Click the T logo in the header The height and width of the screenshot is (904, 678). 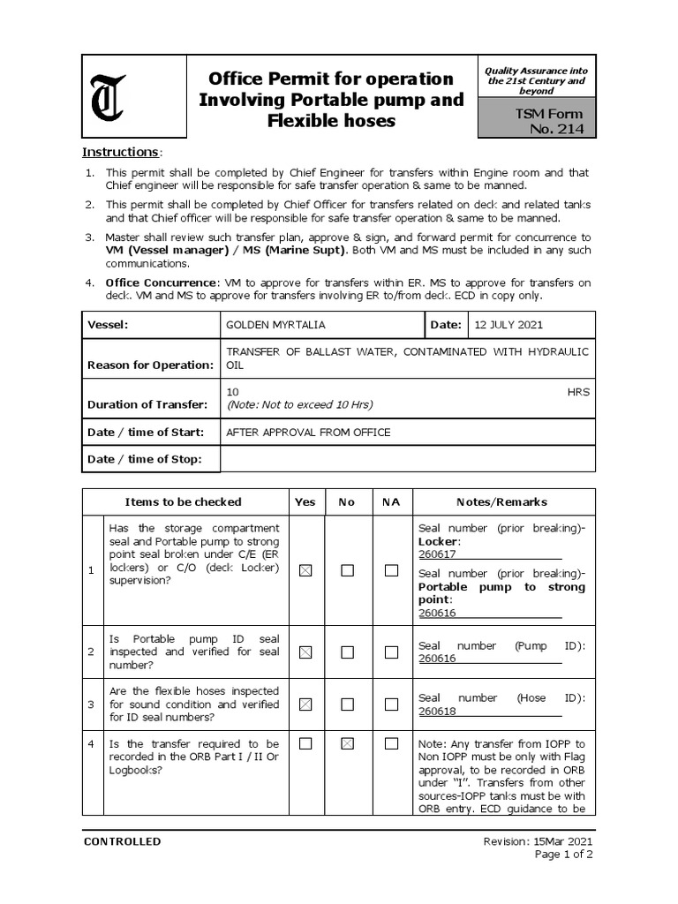[108, 96]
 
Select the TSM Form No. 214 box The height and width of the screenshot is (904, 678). [537, 121]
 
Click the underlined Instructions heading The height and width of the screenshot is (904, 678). [121, 153]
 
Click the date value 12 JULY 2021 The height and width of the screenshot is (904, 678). [508, 325]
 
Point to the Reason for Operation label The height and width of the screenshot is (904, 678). [150, 365]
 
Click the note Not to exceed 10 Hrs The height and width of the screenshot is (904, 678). [299, 405]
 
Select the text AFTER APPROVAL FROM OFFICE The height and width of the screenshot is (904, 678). [308, 433]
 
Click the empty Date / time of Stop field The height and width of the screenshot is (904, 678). [407, 459]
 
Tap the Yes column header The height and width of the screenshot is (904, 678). [305, 502]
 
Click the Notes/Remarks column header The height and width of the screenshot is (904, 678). [501, 502]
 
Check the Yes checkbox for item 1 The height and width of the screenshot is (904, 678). [305, 571]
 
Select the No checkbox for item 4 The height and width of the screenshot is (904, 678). [348, 744]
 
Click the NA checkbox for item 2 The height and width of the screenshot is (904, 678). [391, 652]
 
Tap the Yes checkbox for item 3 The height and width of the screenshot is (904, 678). [305, 704]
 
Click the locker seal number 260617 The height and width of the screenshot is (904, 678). [437, 554]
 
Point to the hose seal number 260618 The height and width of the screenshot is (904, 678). [437, 712]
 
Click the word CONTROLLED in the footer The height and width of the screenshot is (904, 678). [122, 841]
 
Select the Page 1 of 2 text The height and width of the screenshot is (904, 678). [563, 855]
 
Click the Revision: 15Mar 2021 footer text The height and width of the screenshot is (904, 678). [538, 841]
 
